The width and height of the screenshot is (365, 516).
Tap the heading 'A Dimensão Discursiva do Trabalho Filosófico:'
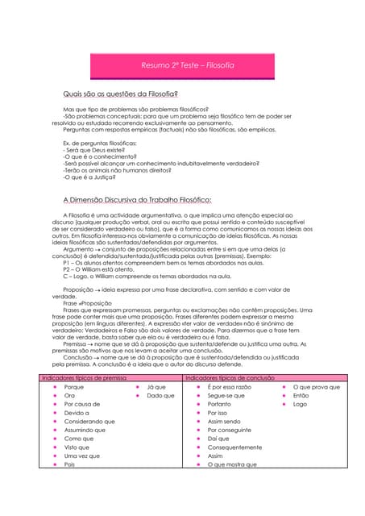pyautogui.click(x=137, y=199)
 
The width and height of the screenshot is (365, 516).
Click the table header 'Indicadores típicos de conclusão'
pyautogui.click(x=230, y=377)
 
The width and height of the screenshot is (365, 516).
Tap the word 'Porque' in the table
pyautogui.click(x=74, y=387)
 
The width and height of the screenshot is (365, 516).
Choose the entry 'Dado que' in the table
pyautogui.click(x=161, y=396)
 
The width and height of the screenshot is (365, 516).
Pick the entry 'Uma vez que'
pyautogui.click(x=82, y=456)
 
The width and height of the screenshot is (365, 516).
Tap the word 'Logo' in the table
pyautogui.click(x=300, y=404)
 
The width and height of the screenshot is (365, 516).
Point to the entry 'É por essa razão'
pyautogui.click(x=230, y=387)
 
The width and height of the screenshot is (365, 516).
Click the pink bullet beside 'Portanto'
pyautogui.click(x=197, y=405)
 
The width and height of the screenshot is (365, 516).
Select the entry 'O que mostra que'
pyautogui.click(x=232, y=464)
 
